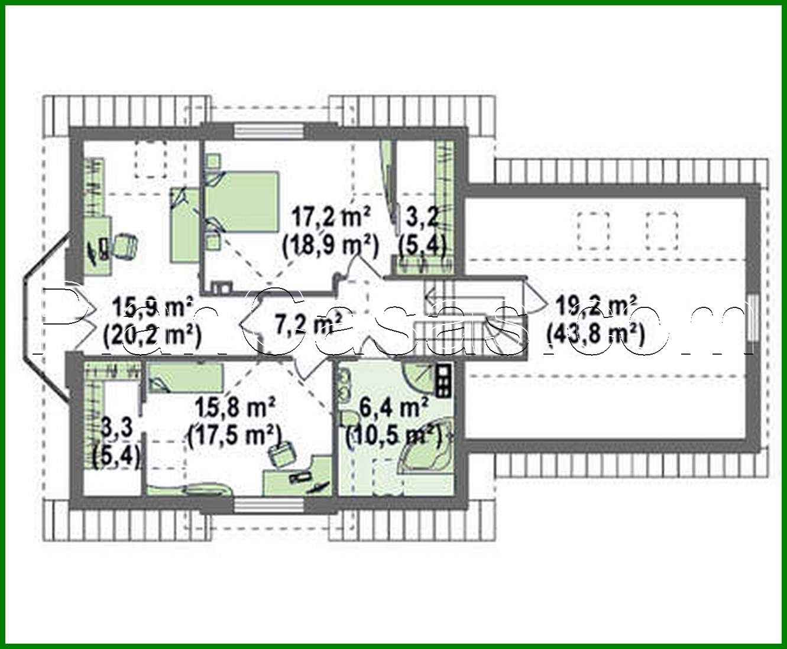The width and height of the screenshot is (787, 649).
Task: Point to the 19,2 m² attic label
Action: click(594, 307)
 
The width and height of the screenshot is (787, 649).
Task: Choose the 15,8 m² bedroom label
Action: click(235, 408)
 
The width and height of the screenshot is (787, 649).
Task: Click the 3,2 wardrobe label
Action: click(422, 218)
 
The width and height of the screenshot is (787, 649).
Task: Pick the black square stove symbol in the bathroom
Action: click(443, 379)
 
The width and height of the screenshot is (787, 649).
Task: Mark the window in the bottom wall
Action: click(269, 504)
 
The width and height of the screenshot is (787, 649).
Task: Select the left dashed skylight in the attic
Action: click(592, 231)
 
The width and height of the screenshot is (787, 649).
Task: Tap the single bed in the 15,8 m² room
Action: click(185, 377)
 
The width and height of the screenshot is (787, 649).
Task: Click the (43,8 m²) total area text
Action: click(594, 335)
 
